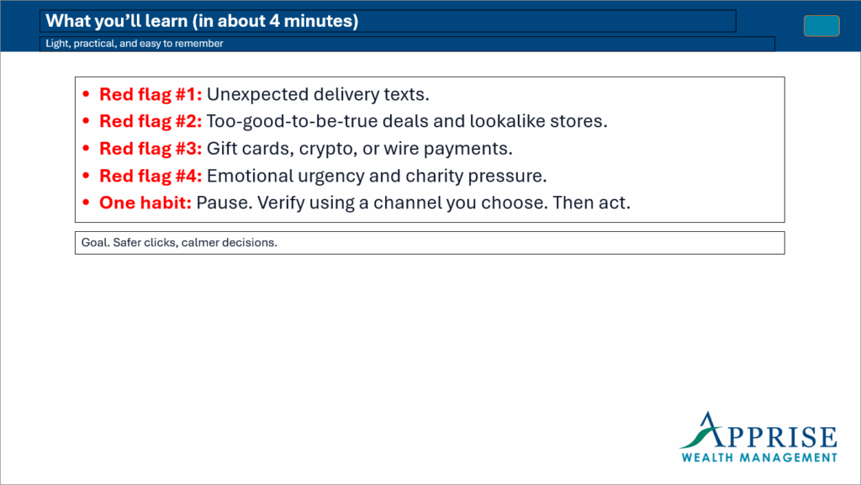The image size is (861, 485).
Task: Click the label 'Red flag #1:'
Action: (151, 94)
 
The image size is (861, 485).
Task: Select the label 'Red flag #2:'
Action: (151, 121)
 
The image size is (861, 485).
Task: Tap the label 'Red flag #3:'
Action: (151, 149)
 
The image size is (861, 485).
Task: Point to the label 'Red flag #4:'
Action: (151, 176)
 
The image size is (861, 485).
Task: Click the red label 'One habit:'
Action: (145, 203)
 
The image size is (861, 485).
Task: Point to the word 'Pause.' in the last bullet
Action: (224, 203)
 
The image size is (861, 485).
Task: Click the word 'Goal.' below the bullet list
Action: (95, 243)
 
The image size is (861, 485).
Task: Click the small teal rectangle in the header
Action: (821, 26)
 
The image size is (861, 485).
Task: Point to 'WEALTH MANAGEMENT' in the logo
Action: (759, 457)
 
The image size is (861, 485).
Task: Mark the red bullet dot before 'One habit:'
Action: (87, 203)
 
